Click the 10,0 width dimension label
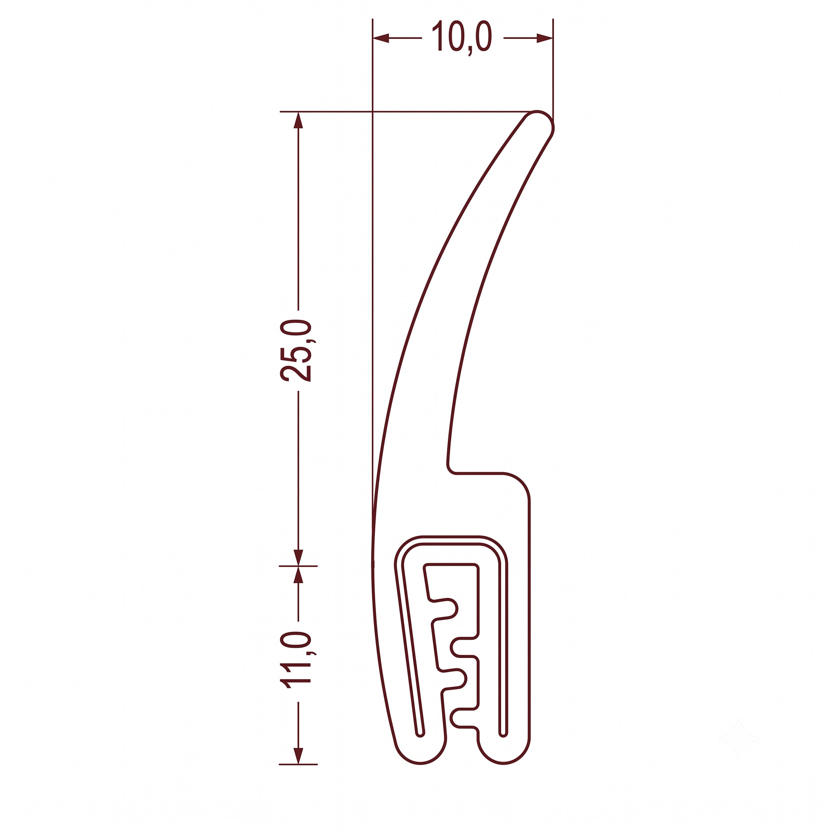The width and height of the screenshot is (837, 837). pos(462,37)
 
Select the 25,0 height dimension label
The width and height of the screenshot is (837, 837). pos(296,351)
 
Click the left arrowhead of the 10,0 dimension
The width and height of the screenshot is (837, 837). pos(381,38)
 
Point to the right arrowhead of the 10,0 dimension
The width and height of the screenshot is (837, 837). pos(544,38)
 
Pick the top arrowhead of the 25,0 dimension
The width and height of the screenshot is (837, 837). pos(298,121)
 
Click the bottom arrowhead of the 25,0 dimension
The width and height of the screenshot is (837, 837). pos(298,557)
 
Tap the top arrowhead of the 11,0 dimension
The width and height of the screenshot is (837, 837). pos(298,575)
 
